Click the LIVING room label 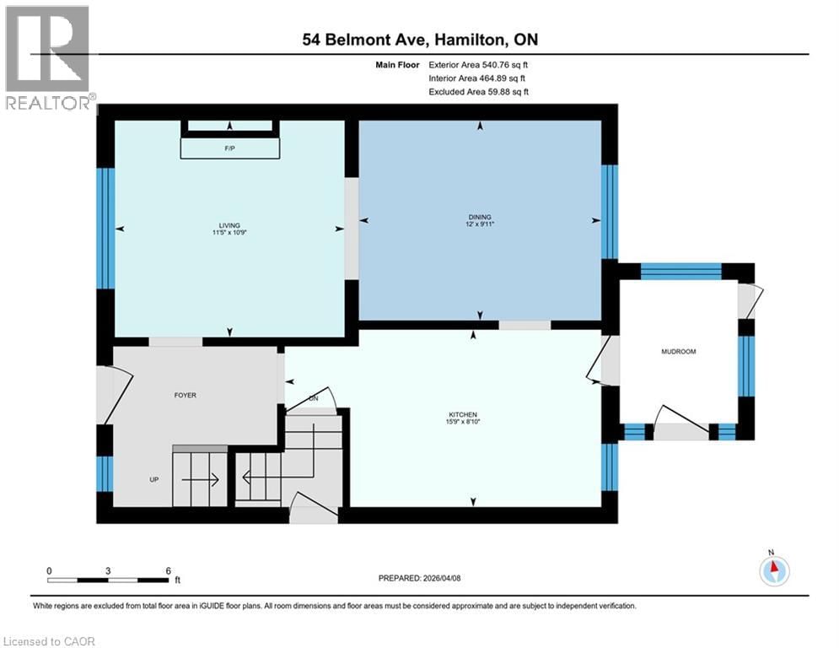229,225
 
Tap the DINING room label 481,217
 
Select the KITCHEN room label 463,414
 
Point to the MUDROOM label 679,351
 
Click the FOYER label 185,395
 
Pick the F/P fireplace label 229,148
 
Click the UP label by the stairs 154,479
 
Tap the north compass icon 773,570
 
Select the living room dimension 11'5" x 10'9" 229,234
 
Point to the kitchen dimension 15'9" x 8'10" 463,423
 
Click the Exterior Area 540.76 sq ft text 479,64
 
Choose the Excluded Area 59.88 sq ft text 479,92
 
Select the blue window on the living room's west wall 105,228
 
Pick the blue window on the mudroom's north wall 680,271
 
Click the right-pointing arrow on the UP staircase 202,479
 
